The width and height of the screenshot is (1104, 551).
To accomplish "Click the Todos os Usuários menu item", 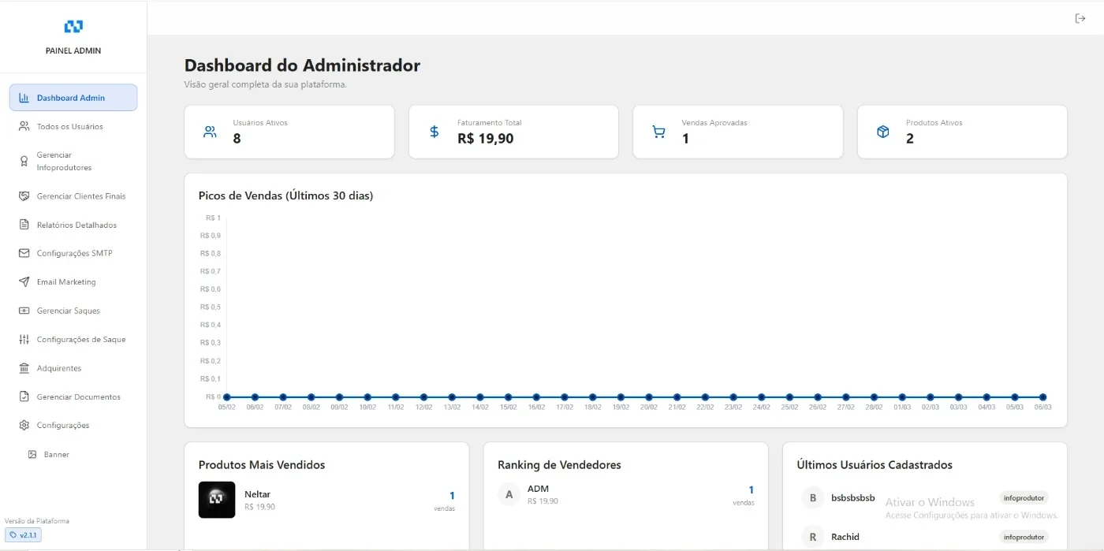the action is tap(69, 127).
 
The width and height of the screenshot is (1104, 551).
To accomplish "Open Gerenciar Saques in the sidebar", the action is tap(68, 311).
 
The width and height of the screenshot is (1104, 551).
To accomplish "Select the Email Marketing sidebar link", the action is tap(66, 282).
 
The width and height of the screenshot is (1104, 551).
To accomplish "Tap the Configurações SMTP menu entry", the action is tap(74, 253).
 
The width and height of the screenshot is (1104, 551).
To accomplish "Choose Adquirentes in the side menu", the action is tap(58, 368).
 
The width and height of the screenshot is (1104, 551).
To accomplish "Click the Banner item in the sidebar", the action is tap(56, 454).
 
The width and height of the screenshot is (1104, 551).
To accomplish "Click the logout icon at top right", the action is tap(1080, 18).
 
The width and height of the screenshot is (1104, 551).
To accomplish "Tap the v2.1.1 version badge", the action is tap(23, 534).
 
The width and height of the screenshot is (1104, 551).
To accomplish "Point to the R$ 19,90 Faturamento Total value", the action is tap(486, 139).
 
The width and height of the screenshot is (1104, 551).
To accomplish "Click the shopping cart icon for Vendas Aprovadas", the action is tap(658, 132).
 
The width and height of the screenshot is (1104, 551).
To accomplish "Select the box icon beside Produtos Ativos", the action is tap(882, 132).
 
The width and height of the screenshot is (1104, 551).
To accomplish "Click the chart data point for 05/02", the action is tap(227, 396).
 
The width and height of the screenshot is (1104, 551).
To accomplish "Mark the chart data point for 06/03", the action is tap(1042, 396).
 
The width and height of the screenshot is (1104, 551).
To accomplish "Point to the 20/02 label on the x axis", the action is tap(648, 407).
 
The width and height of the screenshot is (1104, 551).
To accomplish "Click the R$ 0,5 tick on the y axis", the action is tap(211, 307).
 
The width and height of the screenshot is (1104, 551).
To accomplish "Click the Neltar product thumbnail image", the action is tap(217, 500).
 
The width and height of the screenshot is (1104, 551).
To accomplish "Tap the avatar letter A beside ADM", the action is tap(509, 494).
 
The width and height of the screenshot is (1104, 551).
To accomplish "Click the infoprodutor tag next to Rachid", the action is tap(1024, 537).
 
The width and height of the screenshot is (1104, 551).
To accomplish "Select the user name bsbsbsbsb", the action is tap(852, 497).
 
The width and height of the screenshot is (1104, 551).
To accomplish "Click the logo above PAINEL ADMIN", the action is tap(73, 26).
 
